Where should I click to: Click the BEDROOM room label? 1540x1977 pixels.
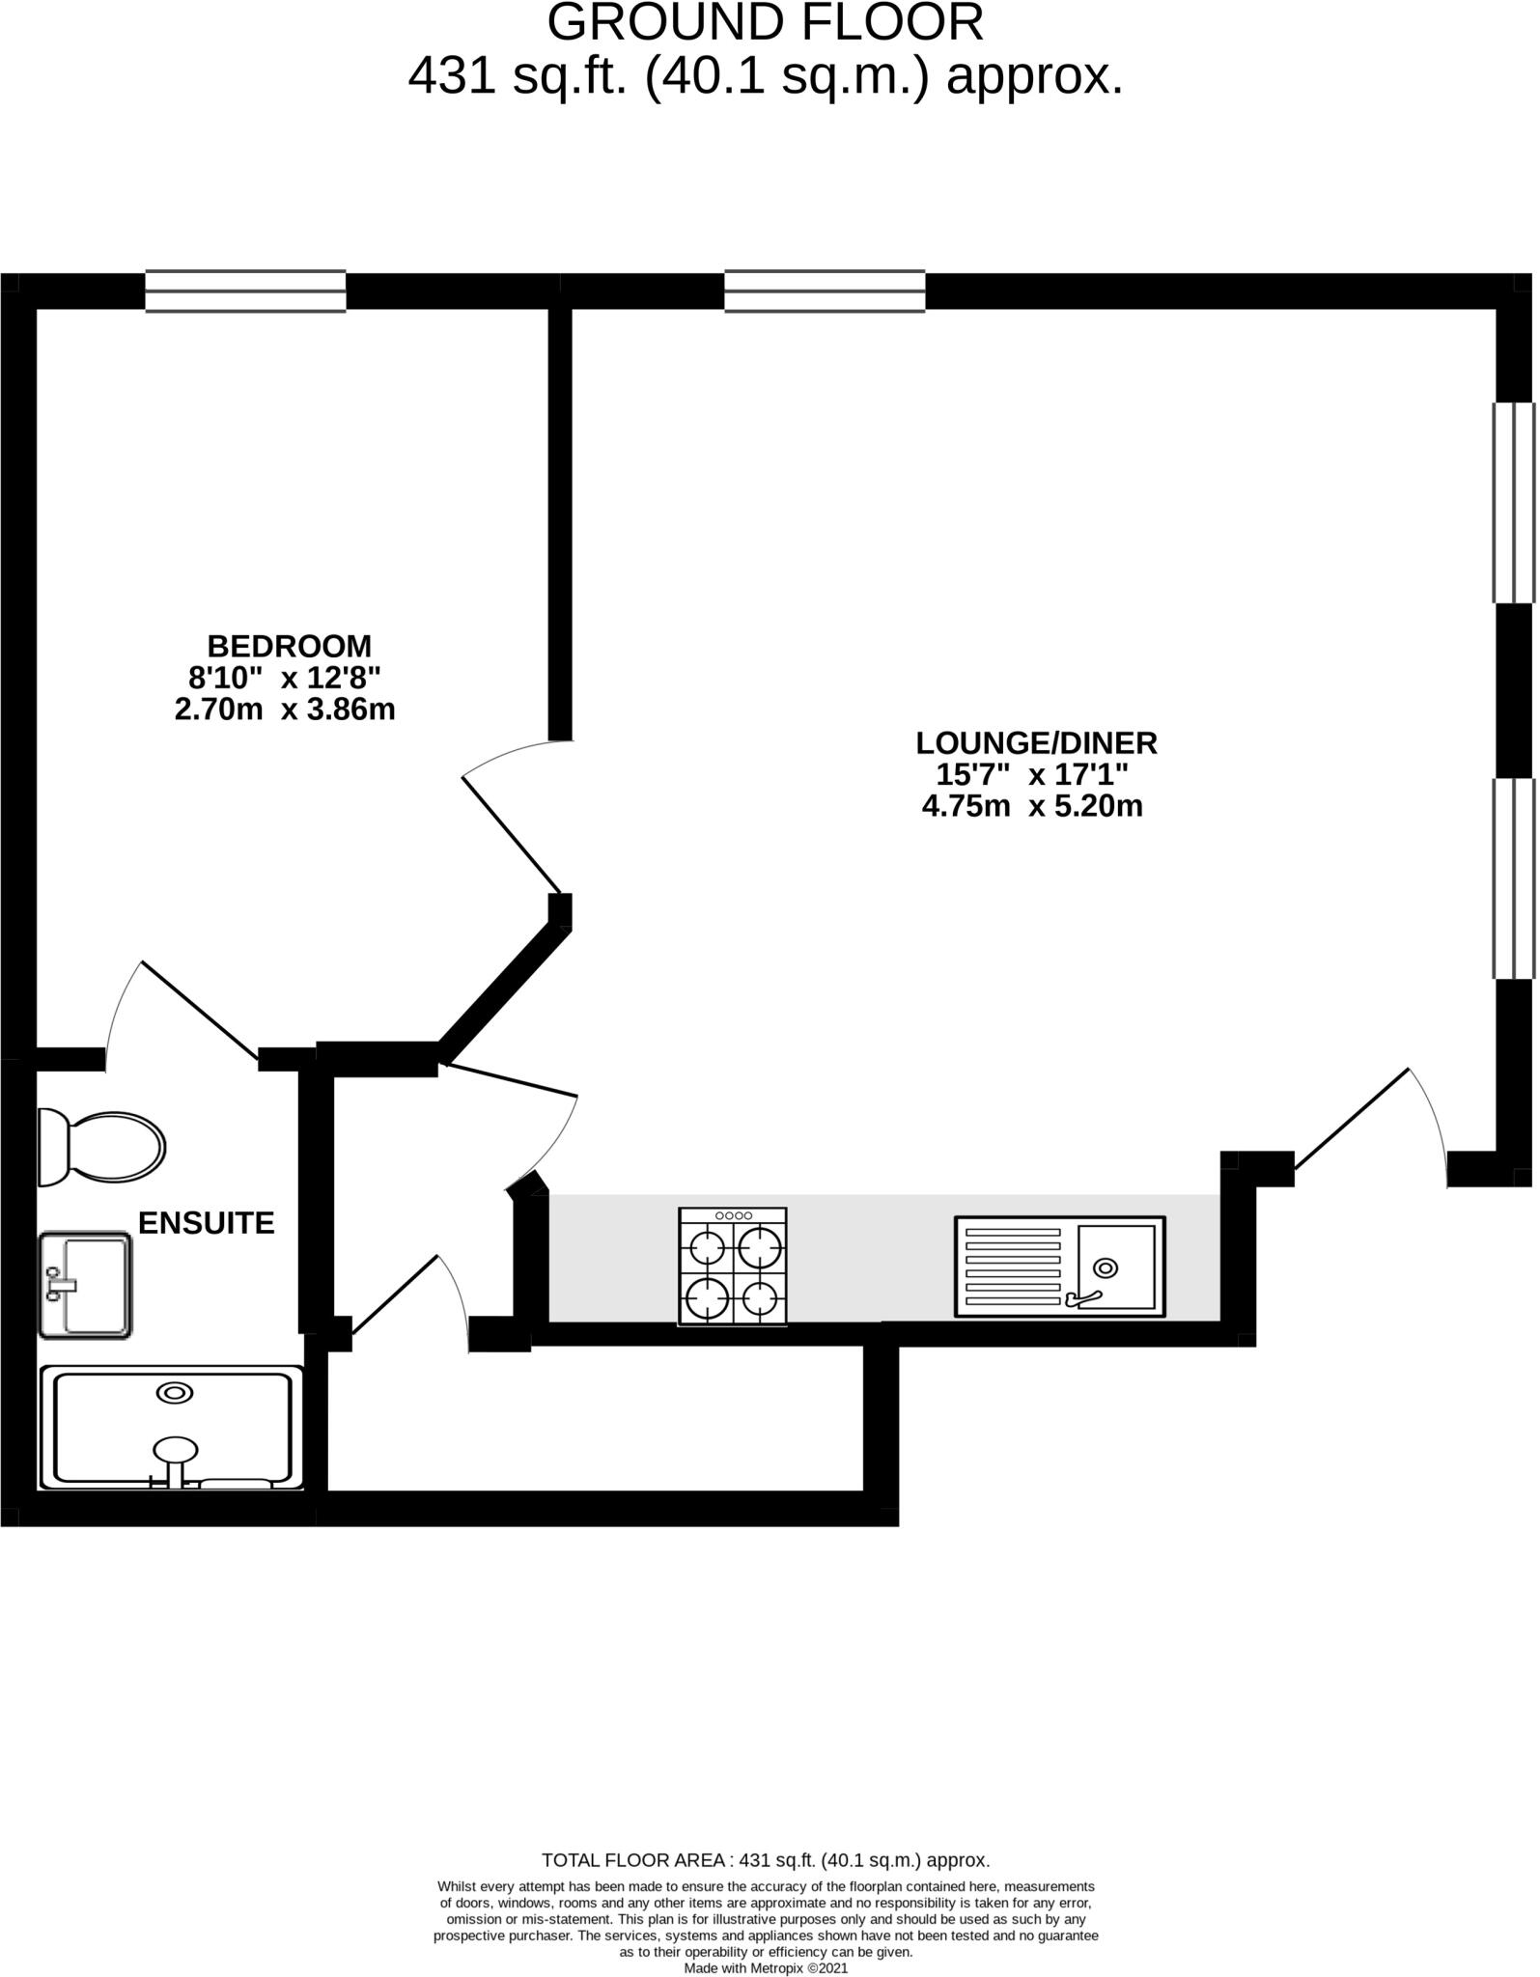tap(289, 645)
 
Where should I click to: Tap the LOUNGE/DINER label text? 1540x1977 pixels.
tap(1036, 742)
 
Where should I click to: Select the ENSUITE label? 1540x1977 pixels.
tap(206, 1223)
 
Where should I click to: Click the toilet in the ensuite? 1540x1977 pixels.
tap(101, 1147)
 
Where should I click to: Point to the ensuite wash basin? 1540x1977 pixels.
tap(85, 1284)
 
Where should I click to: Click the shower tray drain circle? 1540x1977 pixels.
tap(175, 1393)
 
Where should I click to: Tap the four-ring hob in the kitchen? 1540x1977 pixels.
tap(733, 1266)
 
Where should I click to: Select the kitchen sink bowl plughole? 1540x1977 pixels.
tap(1105, 1267)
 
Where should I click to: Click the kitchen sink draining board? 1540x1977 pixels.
tap(1013, 1267)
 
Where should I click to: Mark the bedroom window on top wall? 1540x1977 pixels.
tap(245, 291)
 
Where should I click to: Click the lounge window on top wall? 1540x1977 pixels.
tap(825, 291)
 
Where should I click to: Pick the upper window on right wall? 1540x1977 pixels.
tap(1513, 502)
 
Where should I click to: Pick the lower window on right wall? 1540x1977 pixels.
tap(1513, 878)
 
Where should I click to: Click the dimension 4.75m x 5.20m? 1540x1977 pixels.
tap(1032, 806)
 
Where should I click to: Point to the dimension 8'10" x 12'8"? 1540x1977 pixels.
tap(285, 677)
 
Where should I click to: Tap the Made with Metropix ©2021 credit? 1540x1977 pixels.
tap(766, 1968)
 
